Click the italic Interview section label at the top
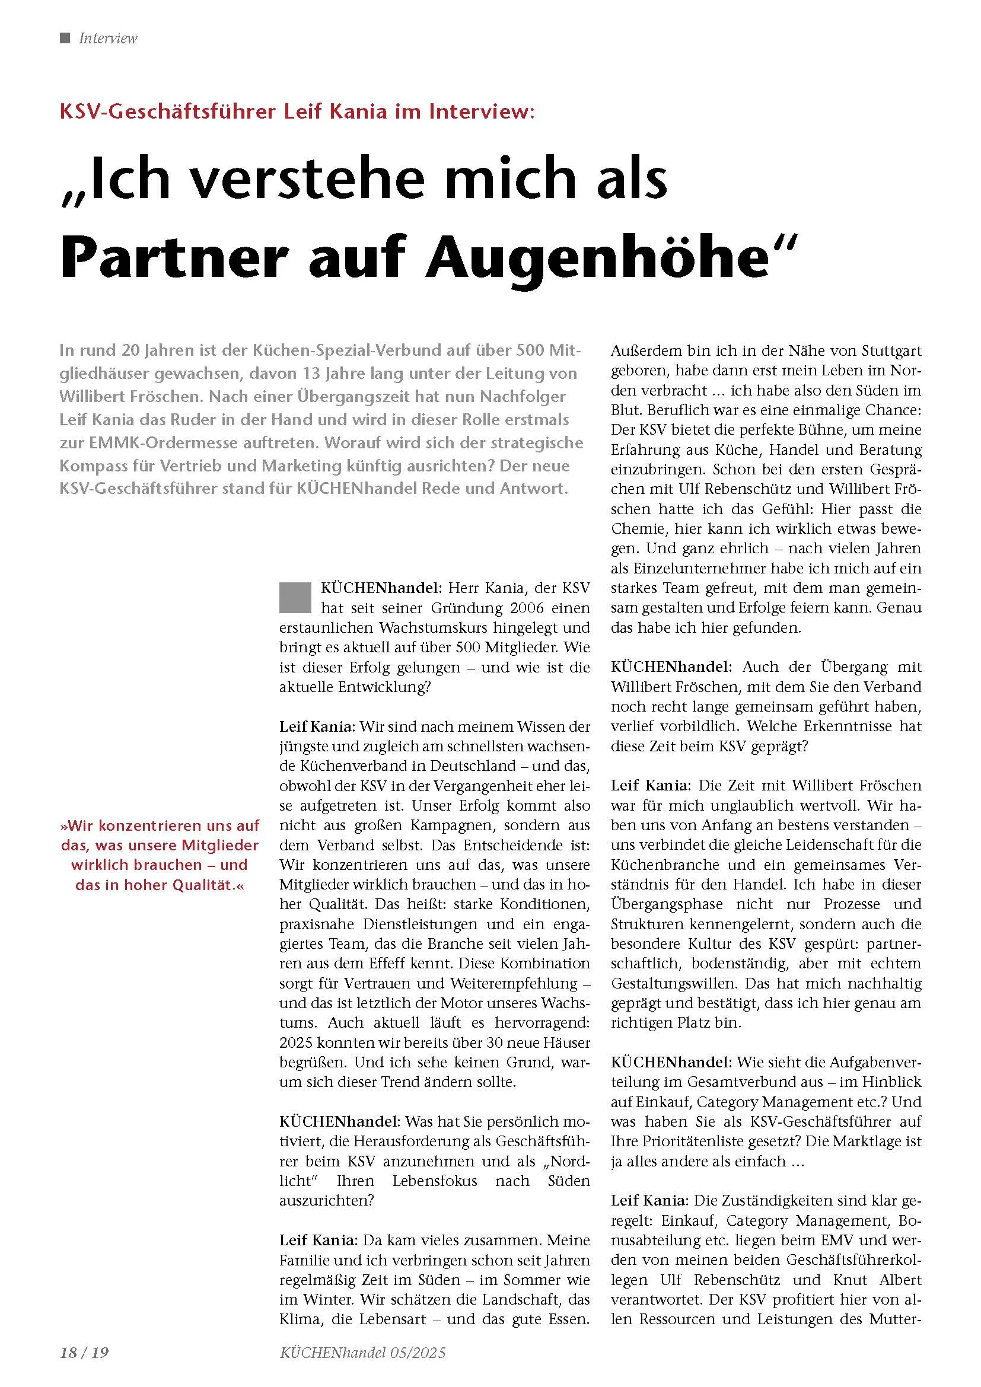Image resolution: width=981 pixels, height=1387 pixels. pyautogui.click(x=108, y=39)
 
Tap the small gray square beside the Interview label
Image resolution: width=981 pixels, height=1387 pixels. pyautogui.click(x=65, y=37)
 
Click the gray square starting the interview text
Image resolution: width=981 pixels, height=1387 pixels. pyautogui.click(x=295, y=597)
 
